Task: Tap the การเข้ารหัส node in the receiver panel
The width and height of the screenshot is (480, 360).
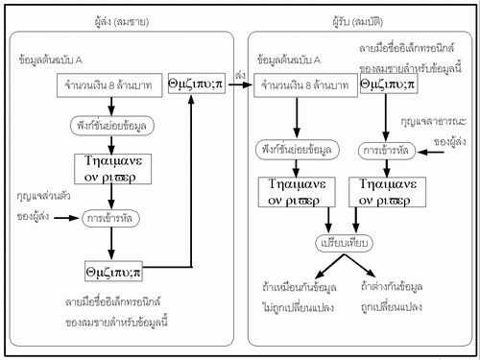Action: (x=388, y=151)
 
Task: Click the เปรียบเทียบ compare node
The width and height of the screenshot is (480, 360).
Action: (x=343, y=242)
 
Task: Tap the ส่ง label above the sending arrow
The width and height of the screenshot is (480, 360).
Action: (x=238, y=73)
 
